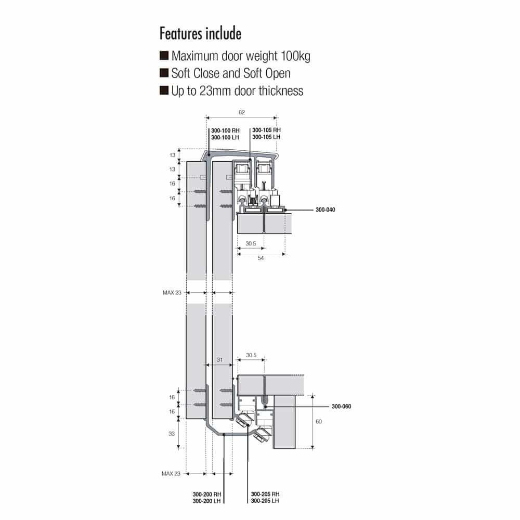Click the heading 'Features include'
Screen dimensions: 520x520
pyautogui.click(x=200, y=34)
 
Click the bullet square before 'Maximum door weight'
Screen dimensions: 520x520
pyautogui.click(x=164, y=56)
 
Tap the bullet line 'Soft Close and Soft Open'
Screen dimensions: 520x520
pyautogui.click(x=231, y=73)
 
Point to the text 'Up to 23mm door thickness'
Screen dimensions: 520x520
pyautogui.click(x=237, y=90)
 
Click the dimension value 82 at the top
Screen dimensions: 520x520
pyautogui.click(x=241, y=112)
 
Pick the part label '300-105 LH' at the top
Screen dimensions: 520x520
pyautogui.click(x=266, y=137)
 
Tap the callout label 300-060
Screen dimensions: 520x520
pyautogui.click(x=341, y=406)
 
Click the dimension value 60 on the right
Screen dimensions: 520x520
pyautogui.click(x=318, y=421)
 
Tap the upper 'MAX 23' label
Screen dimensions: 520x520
pyautogui.click(x=172, y=293)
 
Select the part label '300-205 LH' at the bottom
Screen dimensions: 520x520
pyautogui.click(x=265, y=501)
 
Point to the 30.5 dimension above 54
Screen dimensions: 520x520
pyautogui.click(x=250, y=244)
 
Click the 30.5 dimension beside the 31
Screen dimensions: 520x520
pyautogui.click(x=251, y=355)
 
